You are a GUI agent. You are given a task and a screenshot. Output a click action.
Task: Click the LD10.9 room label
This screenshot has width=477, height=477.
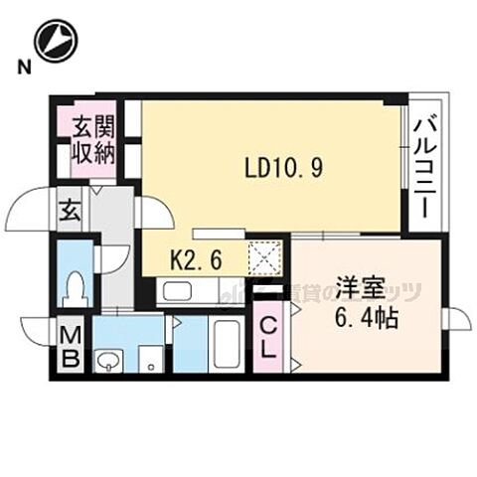click(283, 169)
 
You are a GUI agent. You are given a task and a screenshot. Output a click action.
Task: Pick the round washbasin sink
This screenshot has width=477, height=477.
click(106, 358)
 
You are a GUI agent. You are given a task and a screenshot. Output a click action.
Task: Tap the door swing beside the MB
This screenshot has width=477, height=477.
click(36, 331)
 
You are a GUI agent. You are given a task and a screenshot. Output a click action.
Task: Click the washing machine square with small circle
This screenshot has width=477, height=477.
click(149, 359)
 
